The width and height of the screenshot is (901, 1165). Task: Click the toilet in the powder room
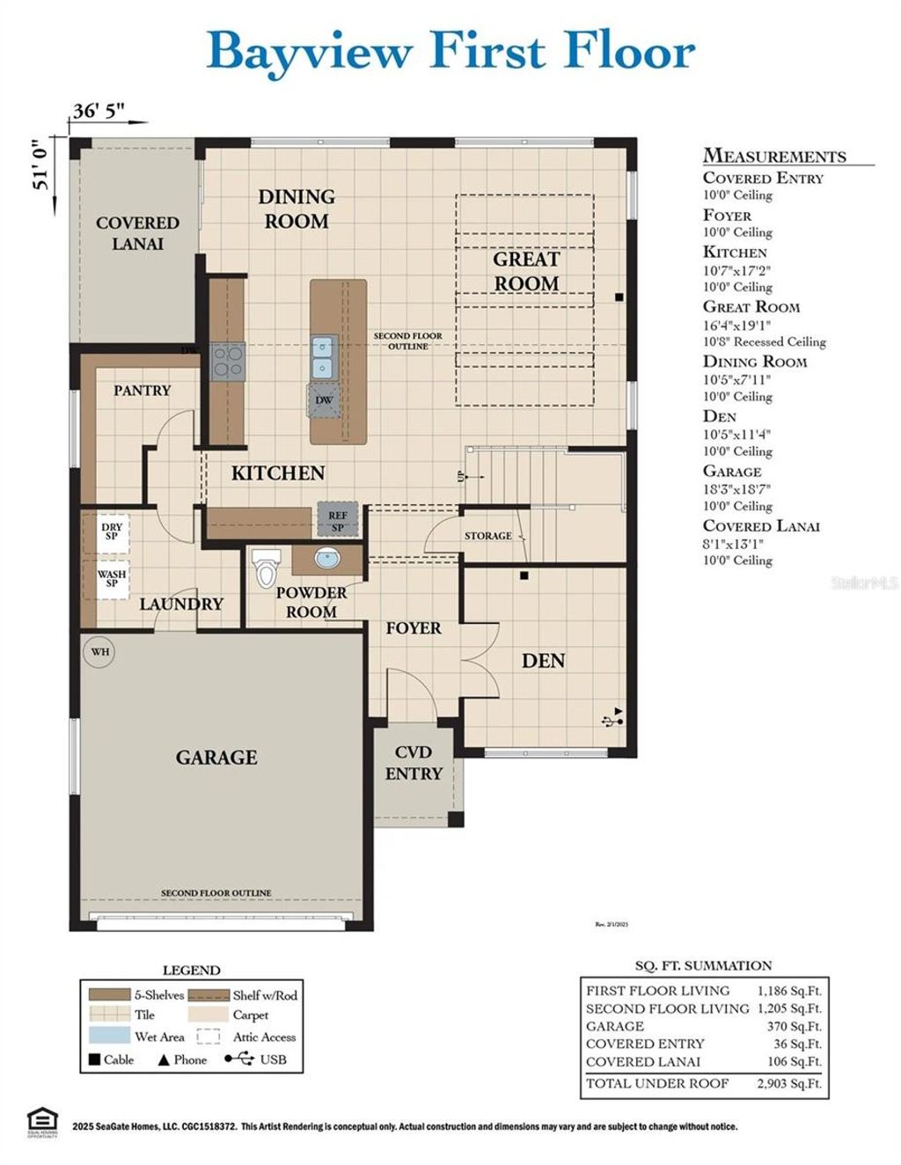click(x=265, y=569)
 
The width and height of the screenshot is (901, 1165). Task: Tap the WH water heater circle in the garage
click(x=100, y=652)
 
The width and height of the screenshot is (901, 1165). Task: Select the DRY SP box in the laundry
click(x=112, y=531)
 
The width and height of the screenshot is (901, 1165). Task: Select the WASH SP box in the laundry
click(x=112, y=579)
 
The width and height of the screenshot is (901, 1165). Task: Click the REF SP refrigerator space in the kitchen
click(x=338, y=520)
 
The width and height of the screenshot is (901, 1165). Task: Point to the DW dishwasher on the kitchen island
click(x=325, y=400)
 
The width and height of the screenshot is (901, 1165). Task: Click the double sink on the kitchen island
click(x=324, y=356)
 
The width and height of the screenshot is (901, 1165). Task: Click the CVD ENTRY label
click(x=414, y=763)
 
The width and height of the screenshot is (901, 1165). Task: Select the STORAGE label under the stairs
click(x=487, y=536)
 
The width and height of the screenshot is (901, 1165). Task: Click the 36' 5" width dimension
click(x=98, y=111)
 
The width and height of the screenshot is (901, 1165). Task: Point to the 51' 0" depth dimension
click(x=38, y=167)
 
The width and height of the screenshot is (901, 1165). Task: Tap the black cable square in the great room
click(x=619, y=297)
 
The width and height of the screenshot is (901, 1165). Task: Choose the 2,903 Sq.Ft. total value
click(x=788, y=1083)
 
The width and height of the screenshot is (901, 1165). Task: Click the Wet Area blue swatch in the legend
click(x=109, y=1037)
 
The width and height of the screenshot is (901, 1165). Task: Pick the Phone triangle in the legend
click(x=163, y=1059)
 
